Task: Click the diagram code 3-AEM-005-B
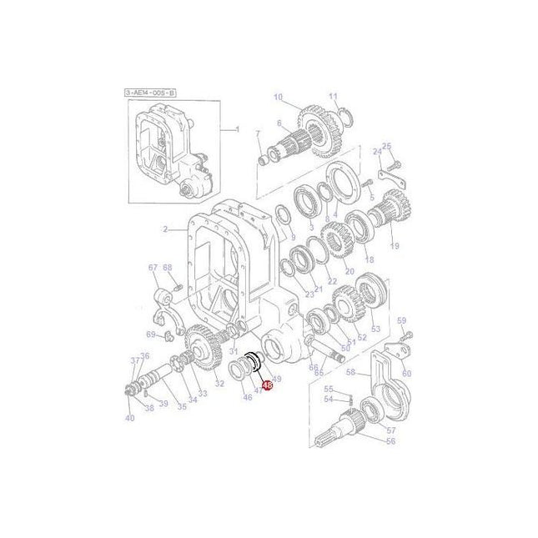coord(151,93)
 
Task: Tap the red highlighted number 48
coord(267,385)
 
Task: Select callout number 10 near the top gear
coord(278,97)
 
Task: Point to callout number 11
coord(332,97)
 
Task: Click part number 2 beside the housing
coord(165,229)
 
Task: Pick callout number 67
coord(153,268)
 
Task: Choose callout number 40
coord(129,417)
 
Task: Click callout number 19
coord(395,246)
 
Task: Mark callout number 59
coord(400,320)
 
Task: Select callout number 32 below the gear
coord(219,384)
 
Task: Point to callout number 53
coord(375,329)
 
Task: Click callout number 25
coord(387,146)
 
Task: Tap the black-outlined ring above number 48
coord(255,364)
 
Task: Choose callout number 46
coord(247,398)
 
